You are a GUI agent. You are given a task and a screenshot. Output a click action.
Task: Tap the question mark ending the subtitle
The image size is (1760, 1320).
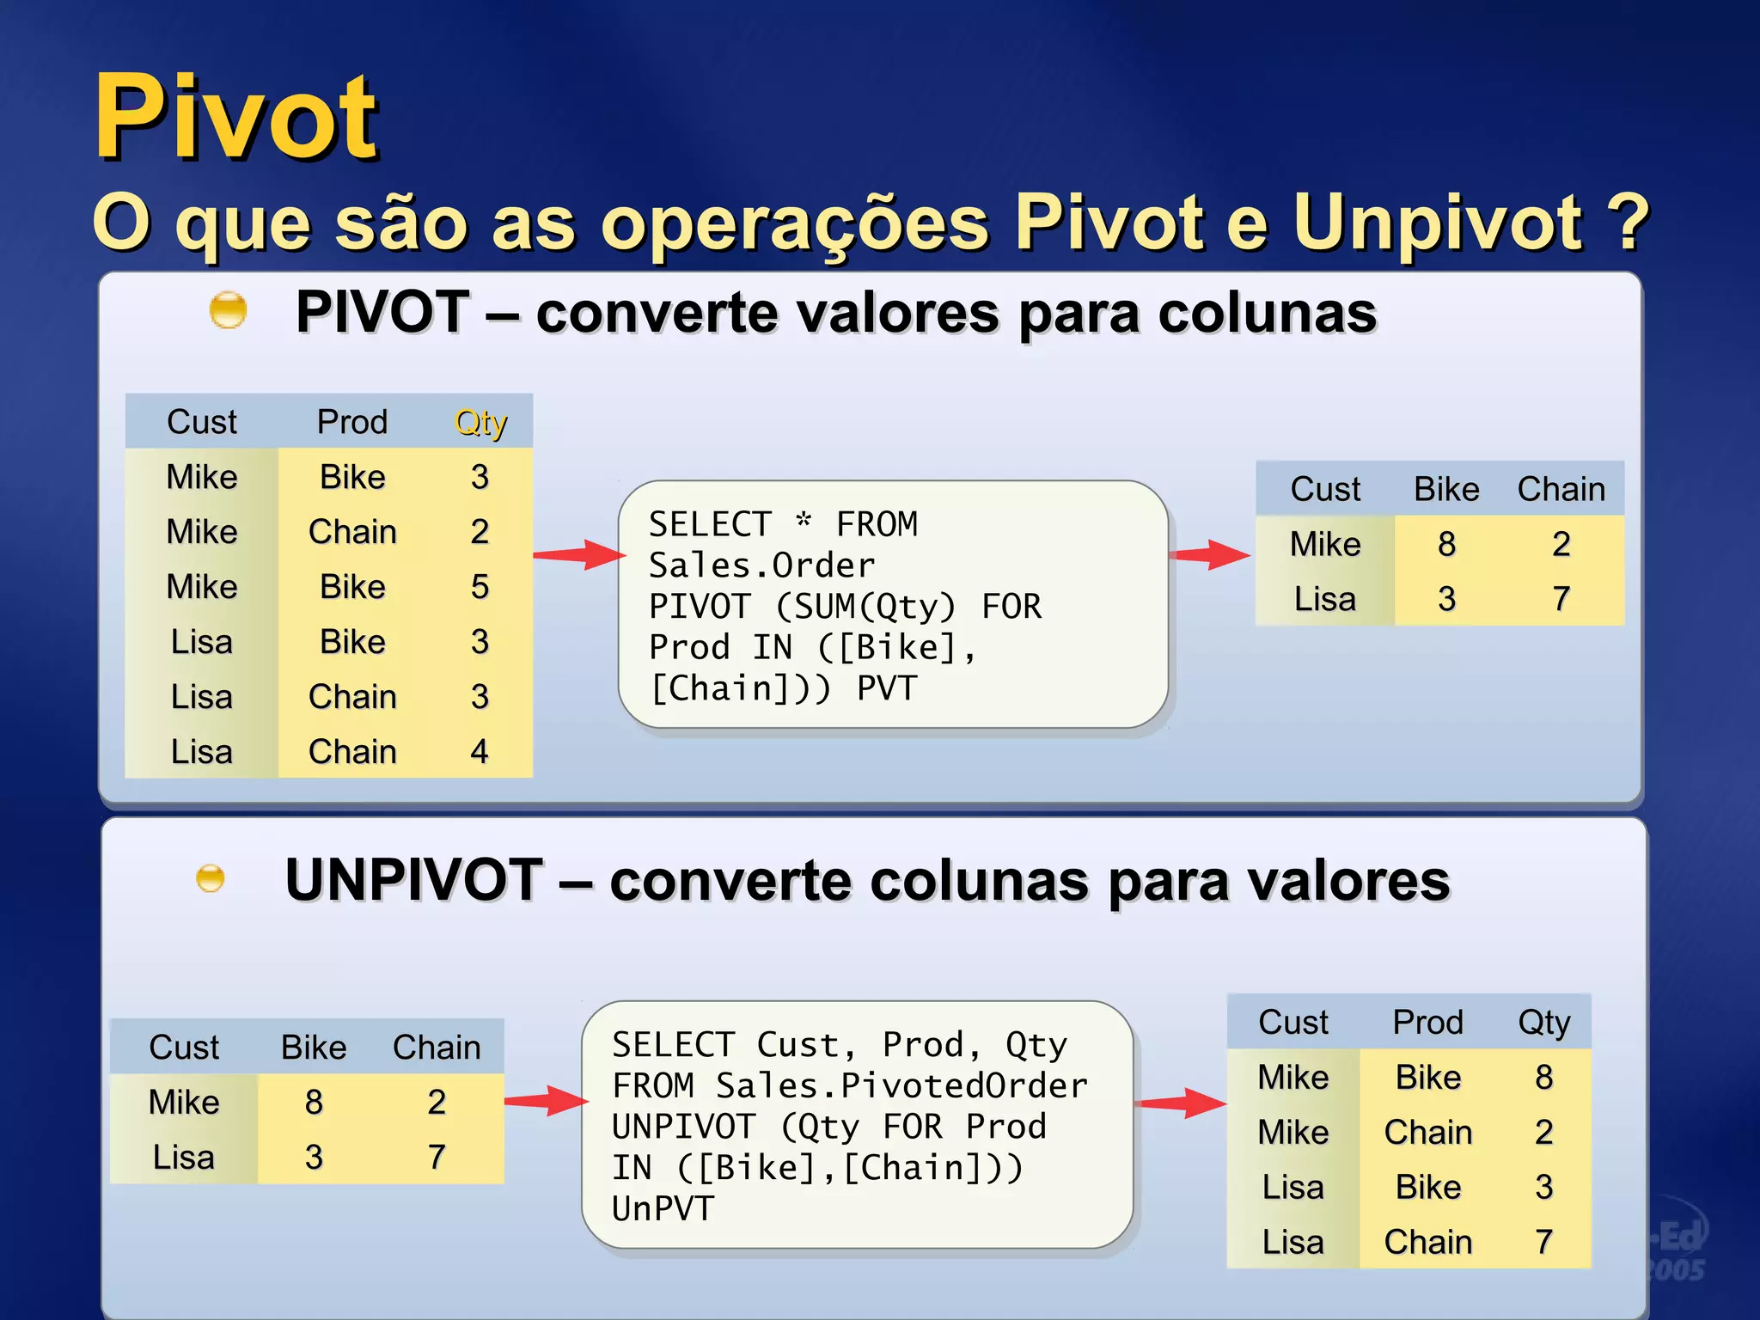tap(1628, 222)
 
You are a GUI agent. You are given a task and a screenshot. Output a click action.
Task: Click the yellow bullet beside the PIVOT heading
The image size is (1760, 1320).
tap(228, 310)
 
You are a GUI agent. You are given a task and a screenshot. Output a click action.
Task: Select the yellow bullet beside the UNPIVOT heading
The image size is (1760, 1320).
tap(211, 878)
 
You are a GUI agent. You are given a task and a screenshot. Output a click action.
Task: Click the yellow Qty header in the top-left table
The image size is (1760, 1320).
tap(480, 422)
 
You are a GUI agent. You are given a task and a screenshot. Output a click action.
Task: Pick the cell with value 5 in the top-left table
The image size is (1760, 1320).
tap(480, 587)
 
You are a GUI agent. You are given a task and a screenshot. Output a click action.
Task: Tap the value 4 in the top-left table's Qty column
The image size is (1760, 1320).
tap(480, 752)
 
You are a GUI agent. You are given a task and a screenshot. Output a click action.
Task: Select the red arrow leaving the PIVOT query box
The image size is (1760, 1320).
tap(1210, 554)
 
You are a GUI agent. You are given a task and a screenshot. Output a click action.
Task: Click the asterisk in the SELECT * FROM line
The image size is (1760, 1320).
tap(804, 521)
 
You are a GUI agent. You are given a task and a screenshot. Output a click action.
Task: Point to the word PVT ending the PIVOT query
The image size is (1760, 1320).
tap(887, 688)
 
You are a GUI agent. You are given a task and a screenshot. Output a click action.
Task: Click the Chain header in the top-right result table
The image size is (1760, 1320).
tap(1561, 489)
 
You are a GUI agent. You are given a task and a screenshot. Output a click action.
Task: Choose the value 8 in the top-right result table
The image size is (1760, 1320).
tap(1447, 544)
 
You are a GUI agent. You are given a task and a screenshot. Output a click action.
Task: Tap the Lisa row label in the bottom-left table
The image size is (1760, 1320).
tap(184, 1157)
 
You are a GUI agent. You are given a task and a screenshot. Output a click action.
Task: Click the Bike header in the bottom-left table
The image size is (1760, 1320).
tap(314, 1048)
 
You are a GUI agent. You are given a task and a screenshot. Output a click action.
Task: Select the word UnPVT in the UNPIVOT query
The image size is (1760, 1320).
tap(663, 1209)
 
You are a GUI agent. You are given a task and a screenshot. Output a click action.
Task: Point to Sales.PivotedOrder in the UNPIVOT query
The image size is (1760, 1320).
tap(901, 1085)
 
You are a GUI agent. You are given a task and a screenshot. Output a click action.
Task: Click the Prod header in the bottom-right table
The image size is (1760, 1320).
tap(1427, 1022)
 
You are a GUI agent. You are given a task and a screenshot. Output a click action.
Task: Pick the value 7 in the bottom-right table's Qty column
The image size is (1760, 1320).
tap(1543, 1242)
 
